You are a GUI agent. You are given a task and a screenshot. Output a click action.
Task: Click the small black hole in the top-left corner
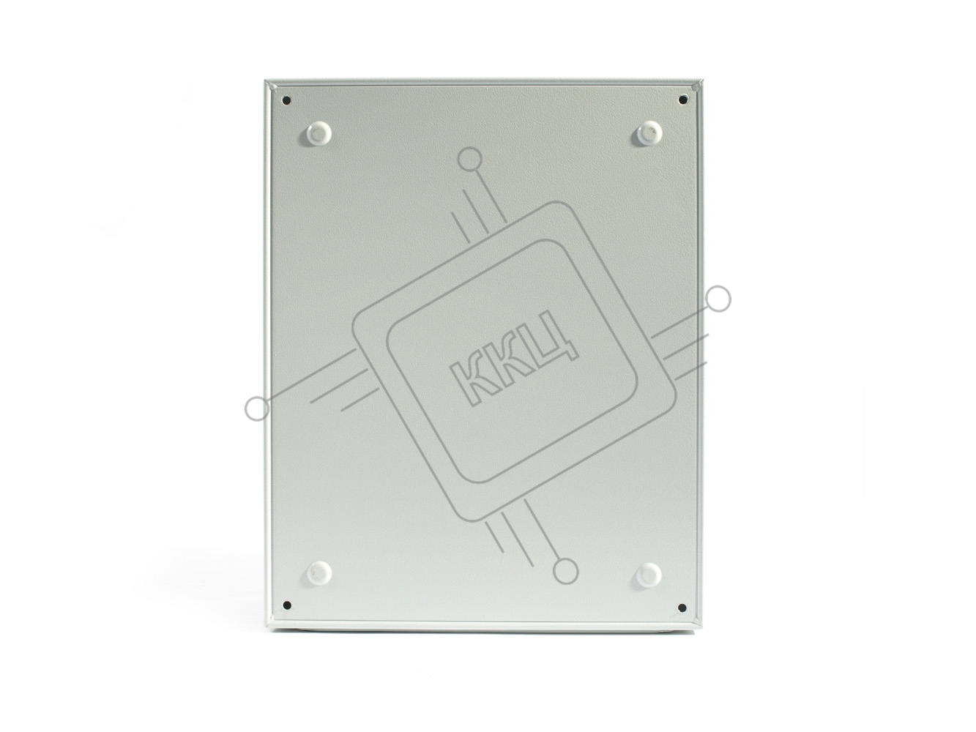pos(287,100)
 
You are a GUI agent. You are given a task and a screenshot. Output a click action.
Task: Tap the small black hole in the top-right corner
pos(681,100)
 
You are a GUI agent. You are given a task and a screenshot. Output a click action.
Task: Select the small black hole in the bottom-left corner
pos(287,605)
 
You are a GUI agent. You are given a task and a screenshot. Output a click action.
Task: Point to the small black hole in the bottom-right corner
pos(681,607)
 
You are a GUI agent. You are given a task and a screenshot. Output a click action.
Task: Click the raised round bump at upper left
pos(318,133)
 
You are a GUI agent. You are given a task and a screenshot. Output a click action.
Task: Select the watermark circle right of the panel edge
pos(718,299)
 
